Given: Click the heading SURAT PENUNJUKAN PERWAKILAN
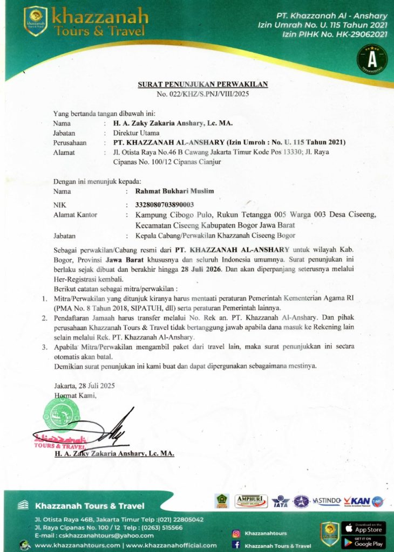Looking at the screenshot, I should [202, 85].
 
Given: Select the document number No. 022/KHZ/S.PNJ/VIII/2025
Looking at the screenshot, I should [202, 94].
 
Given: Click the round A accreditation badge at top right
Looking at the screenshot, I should [371, 58].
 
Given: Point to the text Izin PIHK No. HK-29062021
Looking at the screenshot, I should [335, 34].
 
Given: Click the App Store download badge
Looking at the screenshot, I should [363, 527].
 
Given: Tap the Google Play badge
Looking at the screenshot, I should [363, 542].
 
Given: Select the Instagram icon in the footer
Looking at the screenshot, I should [235, 533].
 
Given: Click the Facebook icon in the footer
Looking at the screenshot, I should [235, 545].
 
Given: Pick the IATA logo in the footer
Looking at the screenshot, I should [281, 501].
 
